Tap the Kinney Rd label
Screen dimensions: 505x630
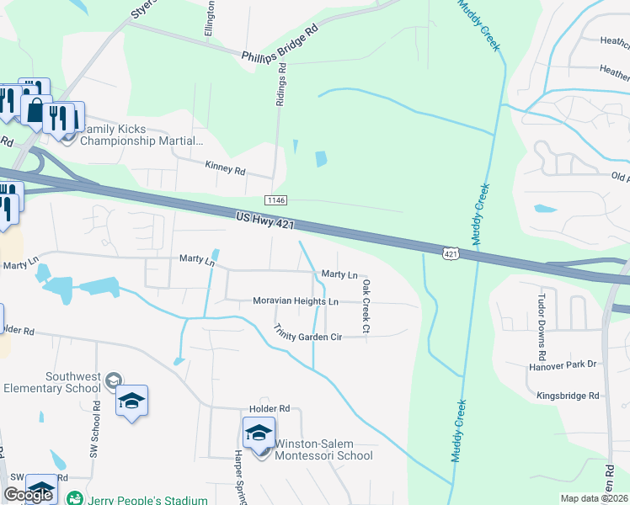pyautogui.click(x=226, y=169)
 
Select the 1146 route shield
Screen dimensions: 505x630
pyautogui.click(x=275, y=200)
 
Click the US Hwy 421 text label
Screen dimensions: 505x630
pyautogui.click(x=267, y=221)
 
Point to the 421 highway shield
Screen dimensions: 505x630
pyautogui.click(x=451, y=252)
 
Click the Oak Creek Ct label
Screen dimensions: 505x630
pyautogui.click(x=366, y=306)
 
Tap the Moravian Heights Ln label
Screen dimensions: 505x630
pyautogui.click(x=296, y=301)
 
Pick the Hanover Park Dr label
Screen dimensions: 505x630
pyautogui.click(x=562, y=364)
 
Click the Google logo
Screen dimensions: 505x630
pyautogui.click(x=27, y=495)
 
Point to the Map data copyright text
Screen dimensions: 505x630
pyautogui.click(x=594, y=498)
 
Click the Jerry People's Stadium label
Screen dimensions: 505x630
pyautogui.click(x=148, y=500)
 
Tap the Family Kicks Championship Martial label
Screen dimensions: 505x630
pyautogui.click(x=141, y=135)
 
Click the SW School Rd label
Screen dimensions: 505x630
pyautogui.click(x=96, y=429)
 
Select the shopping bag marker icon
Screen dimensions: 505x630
pyautogui.click(x=36, y=110)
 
